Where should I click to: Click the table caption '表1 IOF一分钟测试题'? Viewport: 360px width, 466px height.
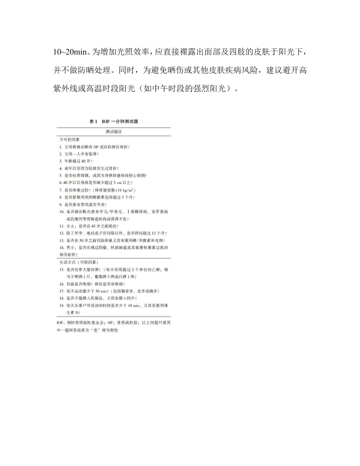pyautogui.click(x=114, y=121)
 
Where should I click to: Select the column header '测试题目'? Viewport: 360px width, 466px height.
pyautogui.click(x=114, y=132)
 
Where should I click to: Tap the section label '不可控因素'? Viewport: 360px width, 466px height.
pyautogui.click(x=69, y=139)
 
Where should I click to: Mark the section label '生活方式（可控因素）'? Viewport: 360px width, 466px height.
pyautogui.click(x=79, y=262)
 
